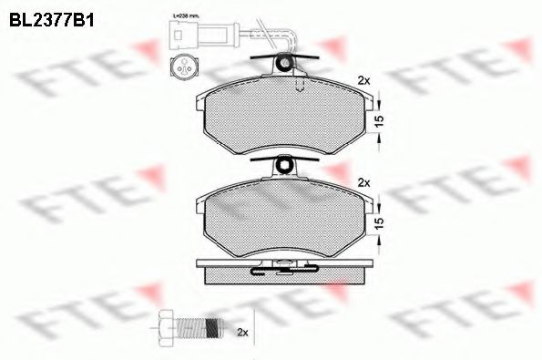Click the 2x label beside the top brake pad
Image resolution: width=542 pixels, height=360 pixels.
coord(364,80)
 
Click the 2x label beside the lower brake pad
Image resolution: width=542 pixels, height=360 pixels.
coord(364,182)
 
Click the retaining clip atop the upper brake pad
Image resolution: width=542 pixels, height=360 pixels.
coord(285,64)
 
